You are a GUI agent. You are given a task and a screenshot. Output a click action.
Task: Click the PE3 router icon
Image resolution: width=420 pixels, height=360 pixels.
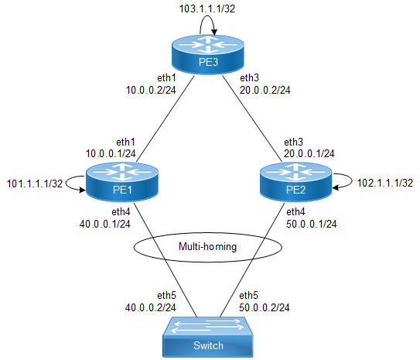(x=208, y=55)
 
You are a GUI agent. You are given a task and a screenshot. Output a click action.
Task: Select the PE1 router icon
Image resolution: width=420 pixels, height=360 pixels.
(x=122, y=182)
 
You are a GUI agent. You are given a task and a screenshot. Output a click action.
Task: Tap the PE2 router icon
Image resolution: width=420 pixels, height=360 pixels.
(x=296, y=182)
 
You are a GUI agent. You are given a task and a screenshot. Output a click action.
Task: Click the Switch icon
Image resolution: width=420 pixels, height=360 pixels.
(x=208, y=337)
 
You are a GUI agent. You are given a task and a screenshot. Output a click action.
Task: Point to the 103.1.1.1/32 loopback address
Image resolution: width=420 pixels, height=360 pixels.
(x=207, y=9)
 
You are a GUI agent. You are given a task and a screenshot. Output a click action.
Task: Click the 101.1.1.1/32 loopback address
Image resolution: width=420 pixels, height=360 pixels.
(x=35, y=183)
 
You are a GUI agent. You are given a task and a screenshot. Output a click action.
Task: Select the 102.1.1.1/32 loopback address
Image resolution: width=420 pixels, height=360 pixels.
(x=385, y=183)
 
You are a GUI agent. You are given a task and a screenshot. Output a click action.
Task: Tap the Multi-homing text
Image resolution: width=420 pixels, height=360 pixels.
(x=207, y=247)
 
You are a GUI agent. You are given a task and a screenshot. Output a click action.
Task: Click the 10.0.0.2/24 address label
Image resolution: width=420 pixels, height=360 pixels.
(x=151, y=90)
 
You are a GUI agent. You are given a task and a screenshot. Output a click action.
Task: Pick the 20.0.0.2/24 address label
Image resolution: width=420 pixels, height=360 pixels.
(x=265, y=90)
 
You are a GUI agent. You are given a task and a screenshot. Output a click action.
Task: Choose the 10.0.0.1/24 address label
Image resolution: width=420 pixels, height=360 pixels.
(x=111, y=153)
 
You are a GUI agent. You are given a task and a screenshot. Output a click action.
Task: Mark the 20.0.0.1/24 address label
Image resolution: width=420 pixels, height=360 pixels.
(x=309, y=153)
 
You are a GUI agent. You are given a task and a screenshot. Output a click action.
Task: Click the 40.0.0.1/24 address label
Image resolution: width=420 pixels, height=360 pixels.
(x=104, y=224)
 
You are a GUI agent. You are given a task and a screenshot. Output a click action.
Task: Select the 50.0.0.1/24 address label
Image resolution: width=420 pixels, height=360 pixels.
(x=311, y=224)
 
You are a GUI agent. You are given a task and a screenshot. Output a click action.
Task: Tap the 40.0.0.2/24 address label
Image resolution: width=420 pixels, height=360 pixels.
(x=151, y=307)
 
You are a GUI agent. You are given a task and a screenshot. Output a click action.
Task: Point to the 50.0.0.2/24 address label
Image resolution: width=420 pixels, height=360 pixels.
(x=265, y=307)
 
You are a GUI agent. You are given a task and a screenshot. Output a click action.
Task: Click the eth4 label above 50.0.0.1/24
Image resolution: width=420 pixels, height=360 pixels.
(x=295, y=212)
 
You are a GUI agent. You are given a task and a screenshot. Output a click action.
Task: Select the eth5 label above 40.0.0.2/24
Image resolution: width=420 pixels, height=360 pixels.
(x=166, y=296)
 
